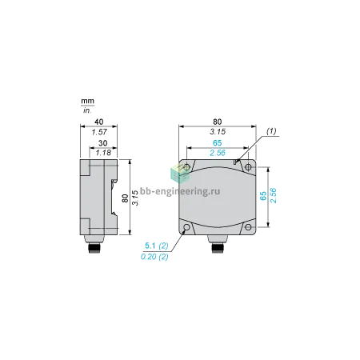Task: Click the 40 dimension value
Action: pyautogui.click(x=99, y=122)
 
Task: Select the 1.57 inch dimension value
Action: pyautogui.click(x=99, y=132)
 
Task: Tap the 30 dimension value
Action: pyautogui.click(x=103, y=143)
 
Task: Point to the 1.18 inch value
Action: pyautogui.click(x=103, y=153)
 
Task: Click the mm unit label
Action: pyautogui.click(x=88, y=101)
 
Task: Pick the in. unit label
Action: pyautogui.click(x=87, y=110)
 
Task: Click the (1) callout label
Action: pyautogui.click(x=271, y=131)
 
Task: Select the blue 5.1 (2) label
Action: pyautogui.click(x=157, y=246)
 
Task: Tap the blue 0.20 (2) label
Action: pyautogui.click(x=154, y=257)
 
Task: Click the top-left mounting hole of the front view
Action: pyautogui.click(x=187, y=167)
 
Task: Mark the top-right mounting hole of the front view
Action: pyautogui.click(x=248, y=167)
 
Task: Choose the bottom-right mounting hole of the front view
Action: pyautogui.click(x=248, y=227)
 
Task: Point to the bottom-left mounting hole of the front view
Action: pyautogui.click(x=187, y=227)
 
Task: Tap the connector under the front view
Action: pyautogui.click(x=218, y=245)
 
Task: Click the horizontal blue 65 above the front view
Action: pyautogui.click(x=218, y=143)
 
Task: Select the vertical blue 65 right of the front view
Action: pyautogui.click(x=263, y=196)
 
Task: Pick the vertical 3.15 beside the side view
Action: pyautogui.click(x=135, y=198)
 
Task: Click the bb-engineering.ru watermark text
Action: pyautogui.click(x=180, y=191)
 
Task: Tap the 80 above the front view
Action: pyautogui.click(x=218, y=122)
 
